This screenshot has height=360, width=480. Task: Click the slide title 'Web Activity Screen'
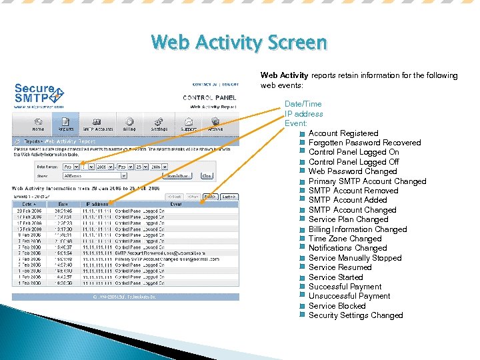point(239,43)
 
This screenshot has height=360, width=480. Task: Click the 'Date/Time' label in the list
point(303,104)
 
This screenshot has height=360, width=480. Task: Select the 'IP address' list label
point(303,114)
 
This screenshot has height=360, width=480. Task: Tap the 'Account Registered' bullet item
point(343,133)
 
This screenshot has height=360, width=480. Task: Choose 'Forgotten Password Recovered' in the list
point(364,143)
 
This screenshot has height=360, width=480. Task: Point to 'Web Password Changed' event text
point(352,171)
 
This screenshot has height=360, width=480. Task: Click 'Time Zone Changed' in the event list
point(345,239)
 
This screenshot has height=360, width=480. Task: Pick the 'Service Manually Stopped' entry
point(355,258)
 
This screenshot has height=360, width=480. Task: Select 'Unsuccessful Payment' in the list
point(349,296)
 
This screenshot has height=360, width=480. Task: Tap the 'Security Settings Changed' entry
point(355,315)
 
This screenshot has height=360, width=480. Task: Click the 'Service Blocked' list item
point(337,306)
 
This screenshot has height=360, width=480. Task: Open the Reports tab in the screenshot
point(65,125)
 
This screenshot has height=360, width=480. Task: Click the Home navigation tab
point(38,125)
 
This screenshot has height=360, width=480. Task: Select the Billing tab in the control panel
point(129,125)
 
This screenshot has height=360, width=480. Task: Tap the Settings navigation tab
point(159,125)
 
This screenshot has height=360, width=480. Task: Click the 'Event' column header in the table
point(176,205)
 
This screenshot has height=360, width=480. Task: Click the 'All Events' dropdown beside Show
point(95,176)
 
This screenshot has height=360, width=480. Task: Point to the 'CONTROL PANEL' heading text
point(210,98)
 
